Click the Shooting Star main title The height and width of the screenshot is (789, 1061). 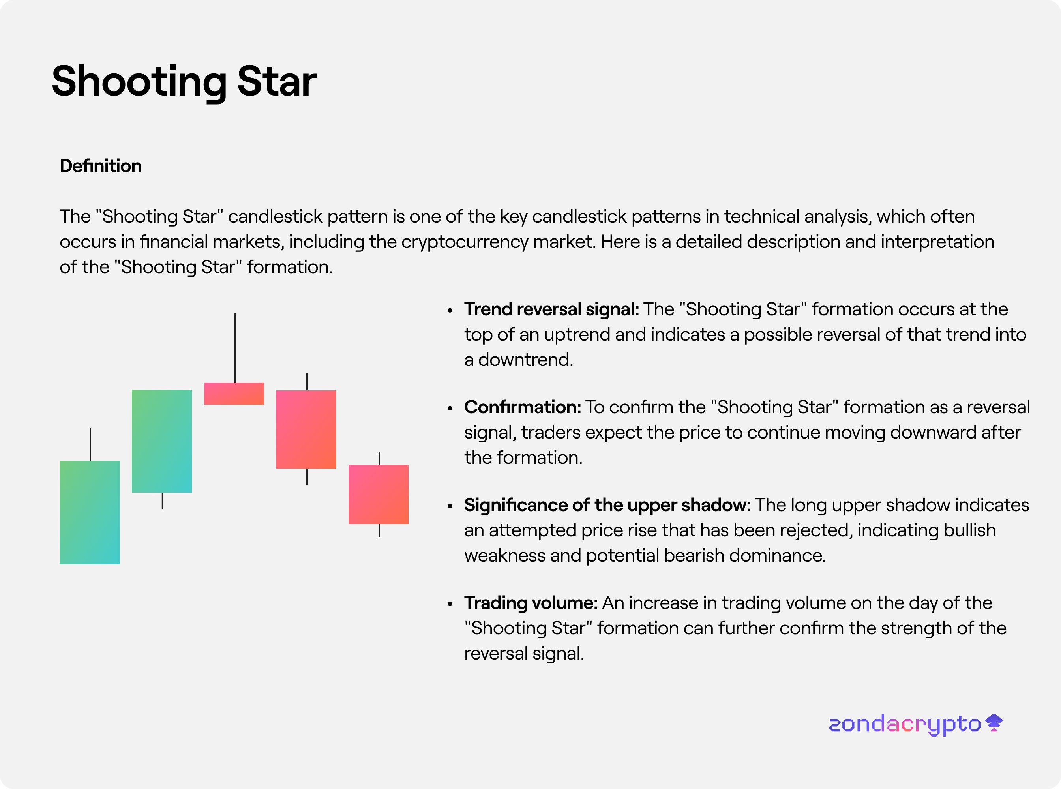click(184, 82)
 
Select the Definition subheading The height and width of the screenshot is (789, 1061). click(101, 166)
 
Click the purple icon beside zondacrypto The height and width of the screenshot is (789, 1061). click(994, 722)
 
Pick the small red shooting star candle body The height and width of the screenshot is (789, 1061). click(234, 394)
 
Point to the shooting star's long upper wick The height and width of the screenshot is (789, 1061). click(234, 348)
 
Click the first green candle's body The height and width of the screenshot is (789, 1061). click(89, 512)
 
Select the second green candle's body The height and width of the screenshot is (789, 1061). click(162, 441)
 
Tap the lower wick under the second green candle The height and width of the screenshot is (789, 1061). click(162, 500)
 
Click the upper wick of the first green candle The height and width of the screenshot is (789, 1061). click(90, 444)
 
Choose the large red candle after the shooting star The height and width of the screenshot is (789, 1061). click(306, 429)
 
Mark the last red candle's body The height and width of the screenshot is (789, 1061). click(379, 494)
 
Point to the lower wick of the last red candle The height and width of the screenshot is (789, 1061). click(379, 530)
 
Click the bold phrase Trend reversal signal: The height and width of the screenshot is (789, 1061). click(551, 309)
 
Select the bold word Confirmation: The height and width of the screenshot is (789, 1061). click(522, 407)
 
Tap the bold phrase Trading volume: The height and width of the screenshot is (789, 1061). click(531, 603)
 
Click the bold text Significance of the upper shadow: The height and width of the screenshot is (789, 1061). click(607, 505)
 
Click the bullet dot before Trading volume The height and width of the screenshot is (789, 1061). click(450, 604)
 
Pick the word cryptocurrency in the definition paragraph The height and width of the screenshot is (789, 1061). click(465, 242)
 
